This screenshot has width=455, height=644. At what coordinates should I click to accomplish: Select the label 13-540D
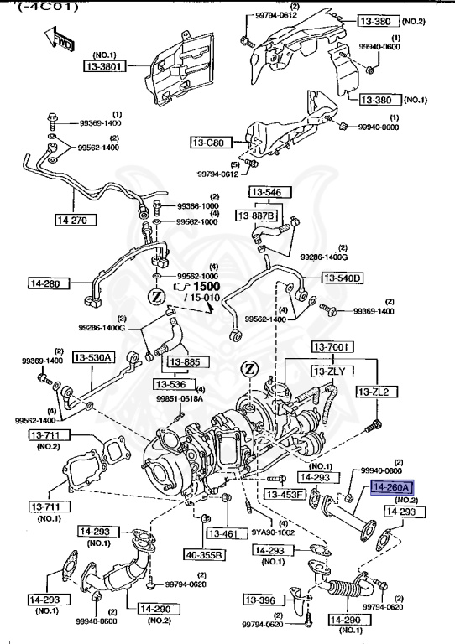[342, 278]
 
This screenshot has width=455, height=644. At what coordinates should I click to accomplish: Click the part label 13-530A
[93, 357]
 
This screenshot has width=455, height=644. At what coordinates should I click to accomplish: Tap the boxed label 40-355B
[205, 554]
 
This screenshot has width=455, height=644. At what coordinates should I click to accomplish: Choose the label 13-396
[261, 600]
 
